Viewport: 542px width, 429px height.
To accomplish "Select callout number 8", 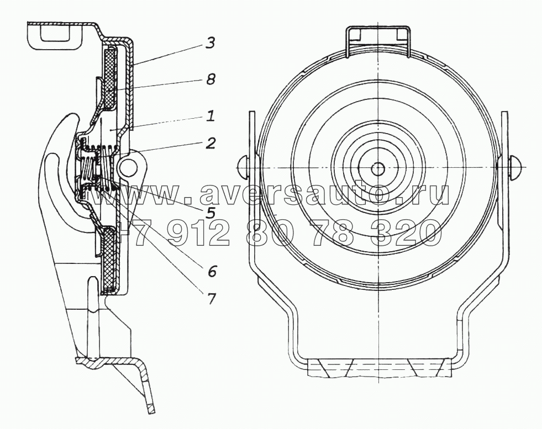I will point(209,80).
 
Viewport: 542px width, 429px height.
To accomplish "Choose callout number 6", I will point(212,271).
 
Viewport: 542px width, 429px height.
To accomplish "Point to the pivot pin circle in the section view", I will point(128,166).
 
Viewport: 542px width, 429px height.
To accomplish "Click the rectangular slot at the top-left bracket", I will point(55,34).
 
